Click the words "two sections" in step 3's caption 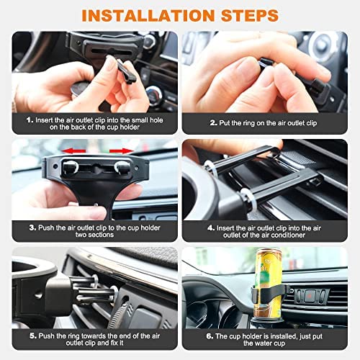click(x=94, y=235)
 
